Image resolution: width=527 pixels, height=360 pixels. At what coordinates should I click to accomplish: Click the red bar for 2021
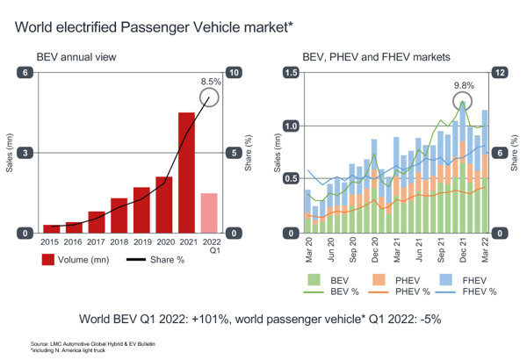click(x=186, y=172)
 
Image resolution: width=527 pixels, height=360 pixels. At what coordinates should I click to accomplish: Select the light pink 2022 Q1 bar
click(x=209, y=212)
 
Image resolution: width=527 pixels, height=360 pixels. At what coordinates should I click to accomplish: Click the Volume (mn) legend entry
click(x=75, y=260)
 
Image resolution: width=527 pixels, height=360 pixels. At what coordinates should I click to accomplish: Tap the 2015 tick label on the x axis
click(x=51, y=241)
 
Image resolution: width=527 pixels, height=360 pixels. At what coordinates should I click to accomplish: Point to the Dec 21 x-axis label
click(x=463, y=250)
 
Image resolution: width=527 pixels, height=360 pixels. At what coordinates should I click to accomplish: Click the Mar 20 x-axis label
click(x=308, y=250)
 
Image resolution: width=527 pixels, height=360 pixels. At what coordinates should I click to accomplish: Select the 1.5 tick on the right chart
click(x=288, y=73)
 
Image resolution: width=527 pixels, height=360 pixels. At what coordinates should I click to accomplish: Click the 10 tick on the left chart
click(x=233, y=73)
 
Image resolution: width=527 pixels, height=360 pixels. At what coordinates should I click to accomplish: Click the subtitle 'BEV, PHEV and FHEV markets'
click(x=376, y=57)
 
